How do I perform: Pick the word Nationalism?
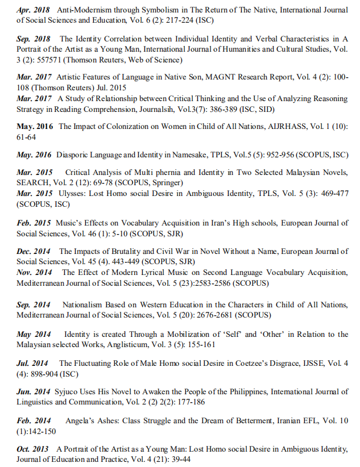86,305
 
